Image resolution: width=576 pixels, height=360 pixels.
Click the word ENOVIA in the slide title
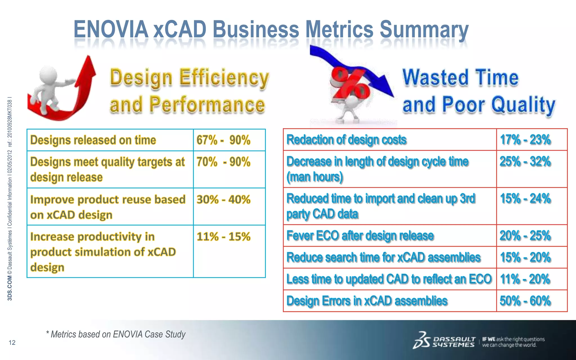[x=111, y=29]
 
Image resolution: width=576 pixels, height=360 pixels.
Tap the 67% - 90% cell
[x=223, y=140]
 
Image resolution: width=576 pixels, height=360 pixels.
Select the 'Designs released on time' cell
[x=93, y=140]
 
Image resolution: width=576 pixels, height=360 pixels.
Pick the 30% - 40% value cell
[x=223, y=200]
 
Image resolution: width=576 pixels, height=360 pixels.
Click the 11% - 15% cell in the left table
[x=223, y=237]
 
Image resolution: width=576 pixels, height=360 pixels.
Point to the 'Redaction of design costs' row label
[x=346, y=140]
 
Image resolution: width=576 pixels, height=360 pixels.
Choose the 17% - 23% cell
[x=525, y=140]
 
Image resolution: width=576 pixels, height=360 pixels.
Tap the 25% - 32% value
[x=525, y=162]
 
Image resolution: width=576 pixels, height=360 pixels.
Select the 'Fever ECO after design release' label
[x=360, y=236]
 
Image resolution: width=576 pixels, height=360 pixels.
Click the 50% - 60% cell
[x=525, y=301]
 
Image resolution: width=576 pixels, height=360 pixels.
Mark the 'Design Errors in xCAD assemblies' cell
[x=367, y=301]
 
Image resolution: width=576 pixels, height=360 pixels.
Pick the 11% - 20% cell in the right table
[x=525, y=279]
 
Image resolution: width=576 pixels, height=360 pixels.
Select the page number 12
[x=12, y=343]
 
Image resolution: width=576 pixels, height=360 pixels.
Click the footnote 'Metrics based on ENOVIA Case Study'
[x=116, y=334]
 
